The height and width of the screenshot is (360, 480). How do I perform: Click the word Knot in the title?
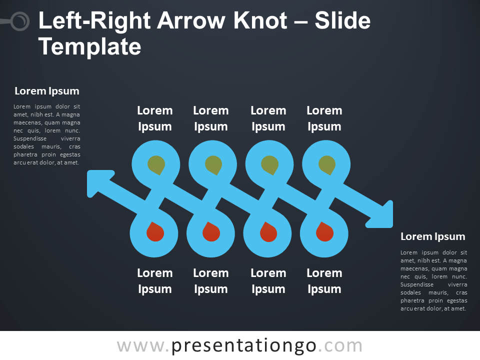[260, 21]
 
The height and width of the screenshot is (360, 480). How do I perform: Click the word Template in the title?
[89, 47]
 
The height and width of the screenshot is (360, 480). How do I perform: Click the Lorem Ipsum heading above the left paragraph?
[47, 91]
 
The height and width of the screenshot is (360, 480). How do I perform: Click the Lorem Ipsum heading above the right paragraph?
[433, 236]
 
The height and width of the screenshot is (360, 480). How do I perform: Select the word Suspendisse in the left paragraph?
[30, 138]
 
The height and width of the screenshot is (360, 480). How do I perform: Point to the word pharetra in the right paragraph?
[412, 300]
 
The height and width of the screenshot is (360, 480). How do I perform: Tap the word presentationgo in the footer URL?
[243, 346]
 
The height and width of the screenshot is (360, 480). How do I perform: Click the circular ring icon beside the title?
[20, 21]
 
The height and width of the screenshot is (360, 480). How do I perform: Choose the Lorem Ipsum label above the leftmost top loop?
[155, 118]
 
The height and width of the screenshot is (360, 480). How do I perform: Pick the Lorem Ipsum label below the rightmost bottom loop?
[324, 281]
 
